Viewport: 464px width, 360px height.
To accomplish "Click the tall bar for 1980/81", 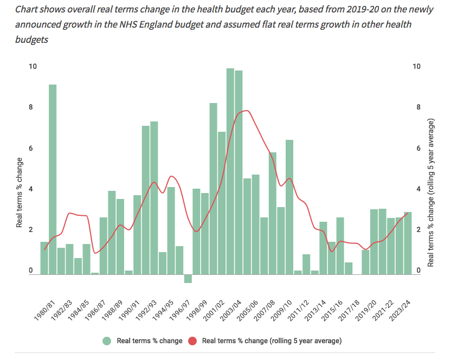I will click(53, 179).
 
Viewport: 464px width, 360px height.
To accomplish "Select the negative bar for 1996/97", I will click(188, 279).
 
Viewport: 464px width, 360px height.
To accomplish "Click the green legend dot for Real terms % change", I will click(107, 341).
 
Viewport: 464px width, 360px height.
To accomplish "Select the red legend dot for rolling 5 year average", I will click(192, 341).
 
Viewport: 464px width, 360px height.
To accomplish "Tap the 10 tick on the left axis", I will click(33, 66).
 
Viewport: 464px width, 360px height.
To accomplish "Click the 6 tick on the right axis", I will click(416, 148).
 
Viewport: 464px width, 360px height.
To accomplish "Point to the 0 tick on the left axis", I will click(31, 271).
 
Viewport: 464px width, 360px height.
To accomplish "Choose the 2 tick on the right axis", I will click(416, 230).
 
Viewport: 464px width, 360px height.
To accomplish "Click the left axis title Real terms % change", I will click(19, 192).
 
